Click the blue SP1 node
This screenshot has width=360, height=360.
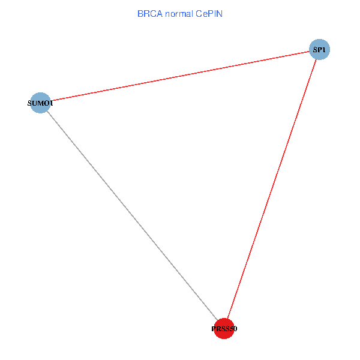coord(319,49)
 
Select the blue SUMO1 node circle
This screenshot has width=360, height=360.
coord(40,103)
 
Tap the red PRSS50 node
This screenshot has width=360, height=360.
coord(224,329)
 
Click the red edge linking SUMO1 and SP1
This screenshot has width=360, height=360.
coord(180,76)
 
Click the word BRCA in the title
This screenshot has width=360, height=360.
coord(150,13)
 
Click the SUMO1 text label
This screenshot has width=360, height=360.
coord(41,103)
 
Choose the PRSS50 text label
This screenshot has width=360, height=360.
coord(224,329)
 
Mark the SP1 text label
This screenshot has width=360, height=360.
coord(319,50)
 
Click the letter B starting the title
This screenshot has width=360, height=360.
coord(140,13)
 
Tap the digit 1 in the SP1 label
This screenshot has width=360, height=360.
coord(323,50)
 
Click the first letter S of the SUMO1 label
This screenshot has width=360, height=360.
coord(30,103)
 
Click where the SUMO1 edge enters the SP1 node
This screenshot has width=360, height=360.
coord(310,52)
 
